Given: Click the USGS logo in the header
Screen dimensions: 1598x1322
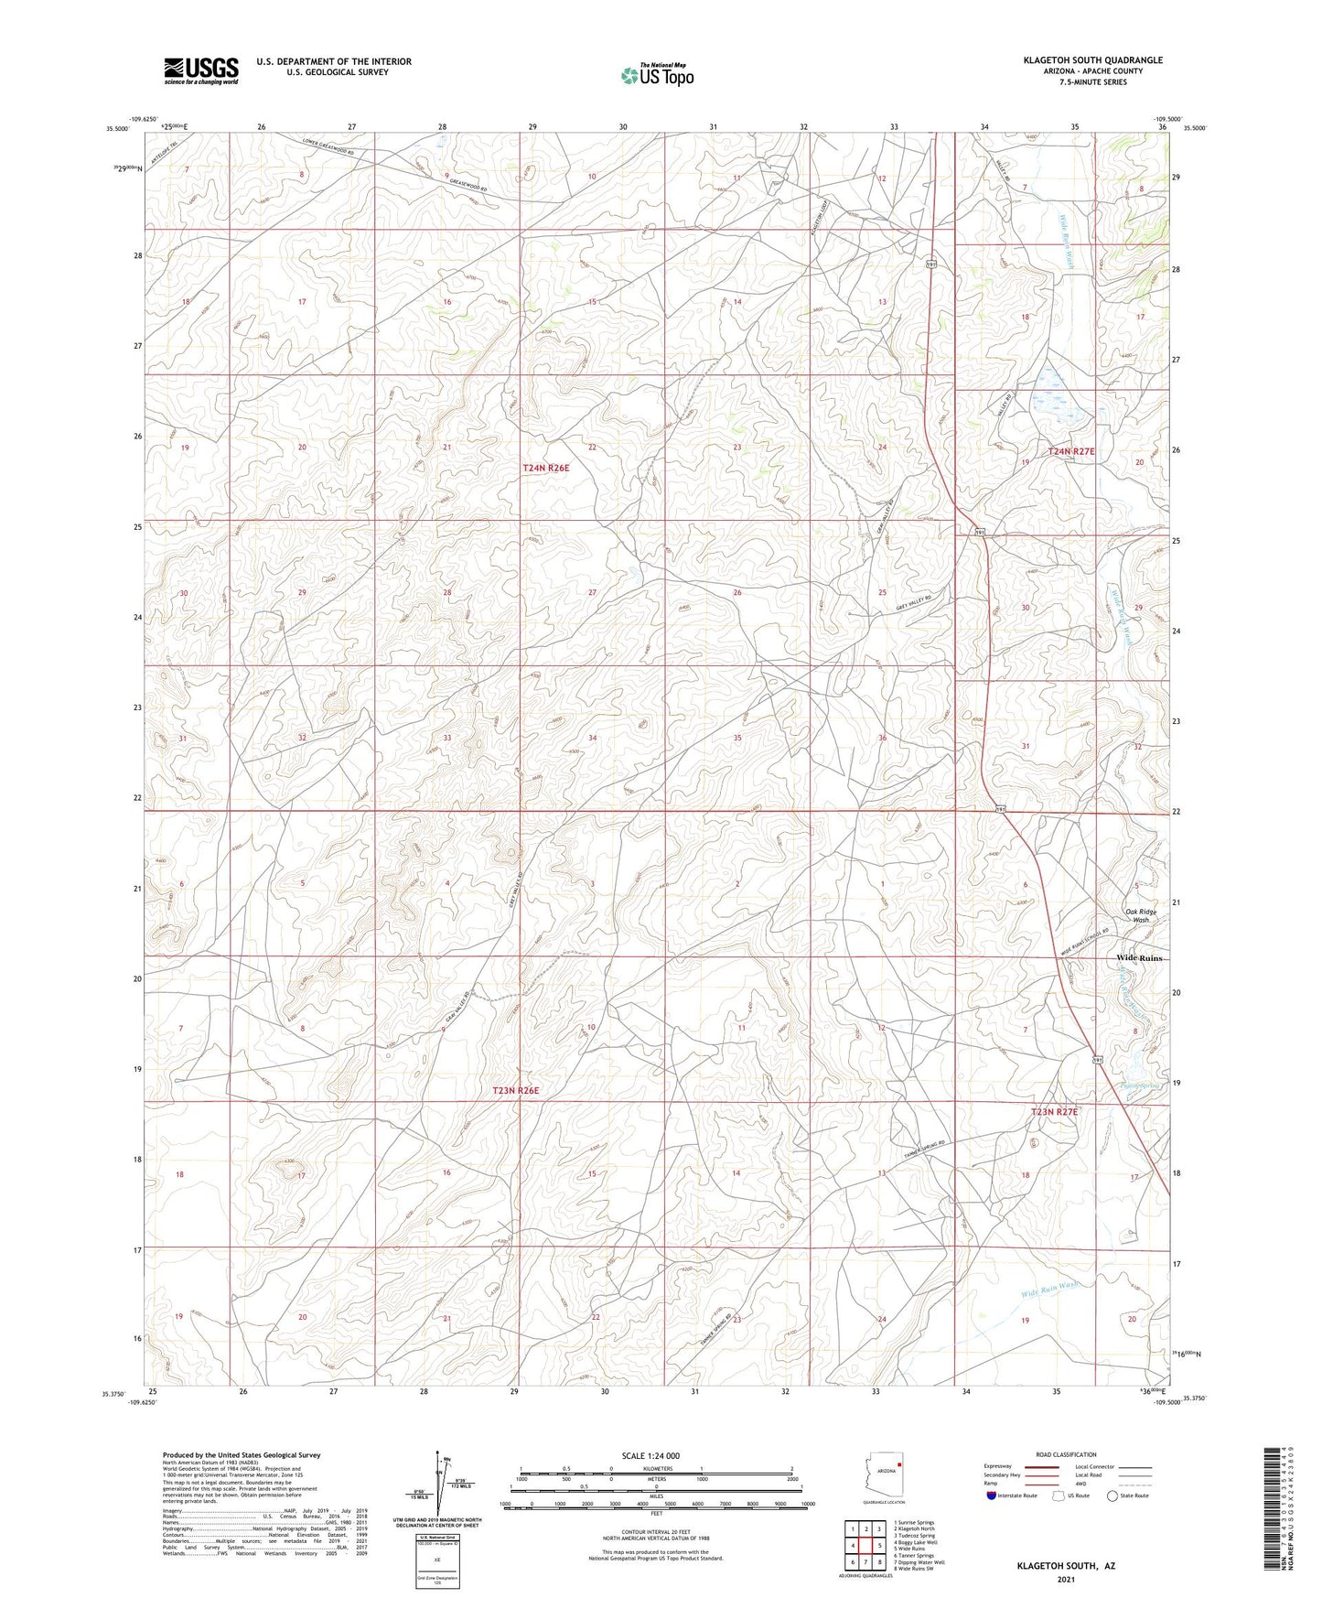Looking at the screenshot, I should (x=201, y=70).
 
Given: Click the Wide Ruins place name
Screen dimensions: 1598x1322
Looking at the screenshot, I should (x=1139, y=957).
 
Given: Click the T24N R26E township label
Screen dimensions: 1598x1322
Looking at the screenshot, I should (x=545, y=468).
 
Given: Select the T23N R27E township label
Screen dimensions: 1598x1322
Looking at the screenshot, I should (x=1055, y=1111).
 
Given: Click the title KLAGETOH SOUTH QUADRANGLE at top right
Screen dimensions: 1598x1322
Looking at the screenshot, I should (x=1093, y=59).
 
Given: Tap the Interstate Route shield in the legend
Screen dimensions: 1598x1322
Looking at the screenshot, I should (x=993, y=1495).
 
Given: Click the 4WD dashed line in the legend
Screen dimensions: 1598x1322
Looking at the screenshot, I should (x=1134, y=1485).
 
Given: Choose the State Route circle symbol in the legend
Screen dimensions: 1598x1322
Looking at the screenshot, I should (x=1112, y=1495).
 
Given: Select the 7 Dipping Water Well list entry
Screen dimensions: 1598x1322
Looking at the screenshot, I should (x=919, y=1561).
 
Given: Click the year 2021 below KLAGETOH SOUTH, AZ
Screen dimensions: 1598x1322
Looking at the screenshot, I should (x=1066, y=1579).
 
